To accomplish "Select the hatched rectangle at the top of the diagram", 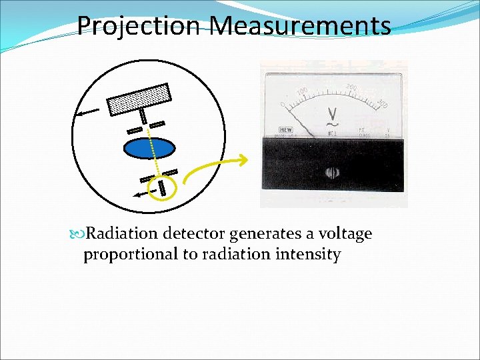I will [139, 97].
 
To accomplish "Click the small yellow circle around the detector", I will [163, 188].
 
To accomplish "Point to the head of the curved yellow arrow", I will [245, 159].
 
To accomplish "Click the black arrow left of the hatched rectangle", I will [87, 111].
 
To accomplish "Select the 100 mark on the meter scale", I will [301, 91].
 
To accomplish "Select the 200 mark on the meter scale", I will [353, 87].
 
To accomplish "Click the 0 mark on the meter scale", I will [283, 105].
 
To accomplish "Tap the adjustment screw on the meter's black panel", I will [332, 173].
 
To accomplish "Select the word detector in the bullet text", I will [193, 234].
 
